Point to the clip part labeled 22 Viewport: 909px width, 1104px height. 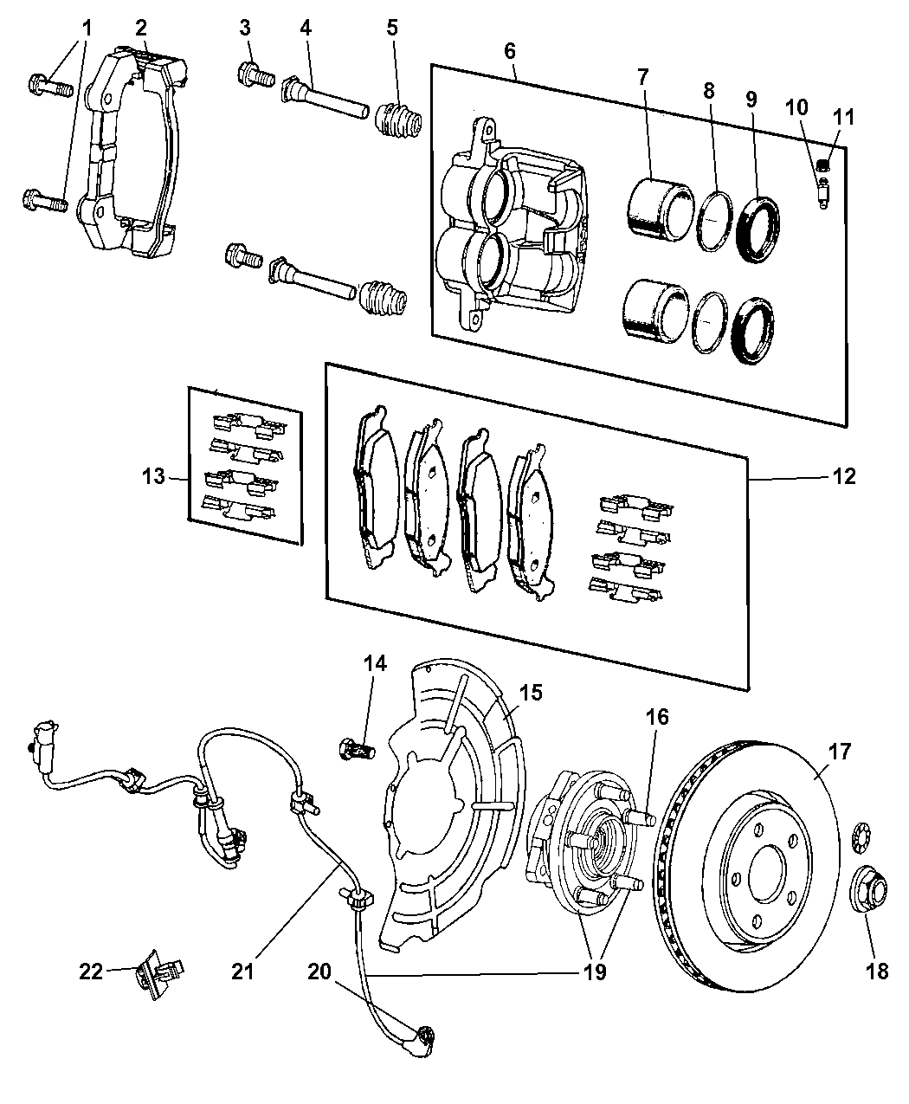pyautogui.click(x=152, y=973)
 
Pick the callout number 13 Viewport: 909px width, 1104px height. pyautogui.click(x=153, y=476)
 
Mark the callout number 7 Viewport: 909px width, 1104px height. pyautogui.click(x=642, y=76)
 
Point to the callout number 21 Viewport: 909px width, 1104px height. pyautogui.click(x=243, y=972)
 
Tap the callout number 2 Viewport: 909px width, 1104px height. pyautogui.click(x=141, y=28)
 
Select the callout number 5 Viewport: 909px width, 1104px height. pyautogui.click(x=392, y=28)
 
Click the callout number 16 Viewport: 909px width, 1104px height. pyautogui.click(x=657, y=717)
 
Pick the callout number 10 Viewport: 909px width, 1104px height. pyautogui.click(x=796, y=108)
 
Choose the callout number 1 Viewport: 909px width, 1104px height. pyautogui.click(x=86, y=28)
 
